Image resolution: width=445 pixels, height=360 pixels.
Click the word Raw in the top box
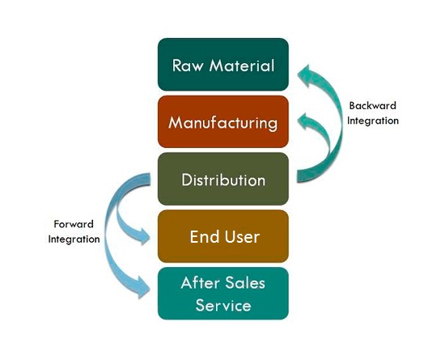click(188, 66)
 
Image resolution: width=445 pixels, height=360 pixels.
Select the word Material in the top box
click(242, 66)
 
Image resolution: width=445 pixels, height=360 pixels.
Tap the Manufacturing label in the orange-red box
click(223, 124)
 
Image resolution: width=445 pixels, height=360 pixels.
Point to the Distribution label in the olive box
click(223, 180)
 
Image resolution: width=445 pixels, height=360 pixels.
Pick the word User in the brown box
click(242, 236)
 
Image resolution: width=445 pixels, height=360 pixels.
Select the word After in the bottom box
click(199, 283)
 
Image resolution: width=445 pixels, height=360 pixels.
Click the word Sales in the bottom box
click(245, 283)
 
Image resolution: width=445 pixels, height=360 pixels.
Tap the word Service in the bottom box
click(223, 306)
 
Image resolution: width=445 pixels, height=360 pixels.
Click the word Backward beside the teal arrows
click(373, 106)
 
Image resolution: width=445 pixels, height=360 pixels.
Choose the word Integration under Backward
click(373, 121)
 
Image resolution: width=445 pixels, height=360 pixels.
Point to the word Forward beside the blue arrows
click(74, 224)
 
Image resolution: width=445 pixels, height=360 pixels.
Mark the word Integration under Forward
click(74, 239)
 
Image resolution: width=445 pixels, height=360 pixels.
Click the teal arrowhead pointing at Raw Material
click(306, 75)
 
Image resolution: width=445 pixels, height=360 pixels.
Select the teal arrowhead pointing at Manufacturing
click(305, 121)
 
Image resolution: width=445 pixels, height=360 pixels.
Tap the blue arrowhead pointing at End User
click(142, 236)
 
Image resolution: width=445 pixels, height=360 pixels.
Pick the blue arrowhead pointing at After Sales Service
click(143, 288)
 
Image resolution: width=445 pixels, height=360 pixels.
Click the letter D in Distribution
click(186, 180)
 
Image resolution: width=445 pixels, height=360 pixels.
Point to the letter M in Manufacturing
click(176, 123)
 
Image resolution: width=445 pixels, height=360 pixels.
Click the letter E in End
click(193, 236)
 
